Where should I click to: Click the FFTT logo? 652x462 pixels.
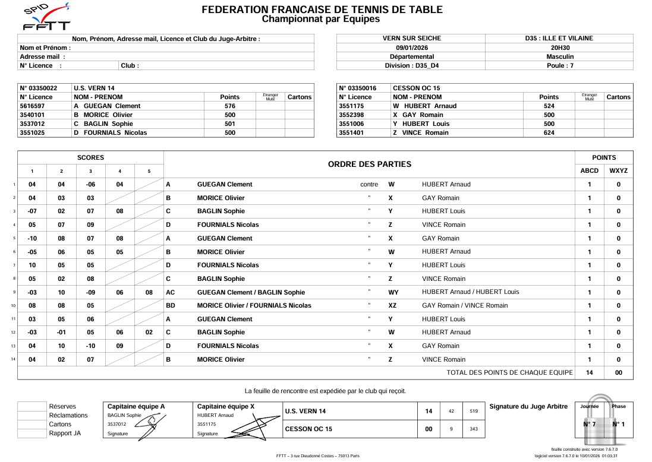click(46, 18)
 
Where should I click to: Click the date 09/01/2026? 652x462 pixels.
click(411, 48)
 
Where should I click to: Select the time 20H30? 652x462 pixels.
click(559, 48)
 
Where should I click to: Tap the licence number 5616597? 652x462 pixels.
click(33, 106)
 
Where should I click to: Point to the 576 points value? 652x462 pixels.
click(230, 106)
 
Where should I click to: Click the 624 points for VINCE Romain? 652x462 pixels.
click(549, 133)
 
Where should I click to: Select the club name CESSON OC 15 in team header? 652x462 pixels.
click(417, 88)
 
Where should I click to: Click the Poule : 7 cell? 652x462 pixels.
click(559, 65)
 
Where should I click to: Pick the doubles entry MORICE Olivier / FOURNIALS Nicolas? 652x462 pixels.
click(254, 305)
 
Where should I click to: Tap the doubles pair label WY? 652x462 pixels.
click(393, 292)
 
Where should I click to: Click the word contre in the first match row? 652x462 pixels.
click(369, 184)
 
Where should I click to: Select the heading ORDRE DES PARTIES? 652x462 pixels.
click(369, 164)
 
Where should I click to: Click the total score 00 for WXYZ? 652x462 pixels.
click(618, 372)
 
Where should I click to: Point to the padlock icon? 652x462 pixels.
click(603, 423)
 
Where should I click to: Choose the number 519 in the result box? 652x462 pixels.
click(474, 411)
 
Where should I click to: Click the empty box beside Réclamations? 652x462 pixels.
click(32, 415)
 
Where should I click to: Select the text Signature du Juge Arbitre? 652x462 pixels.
click(528, 406)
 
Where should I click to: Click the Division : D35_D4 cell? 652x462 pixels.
click(411, 65)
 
